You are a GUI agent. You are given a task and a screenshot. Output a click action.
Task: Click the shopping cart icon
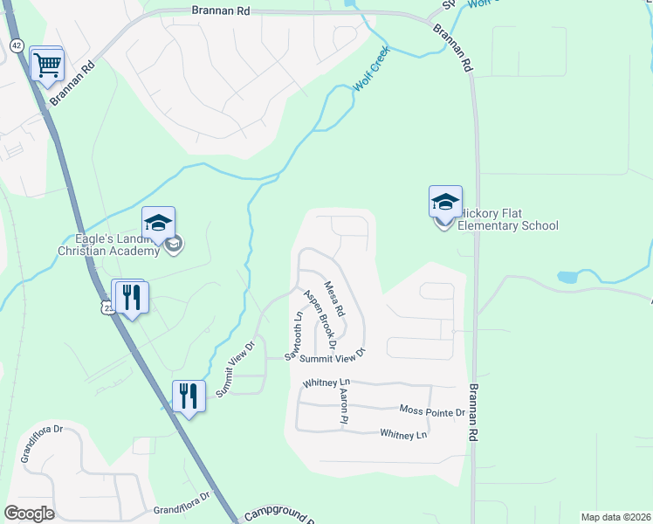(x=47, y=63)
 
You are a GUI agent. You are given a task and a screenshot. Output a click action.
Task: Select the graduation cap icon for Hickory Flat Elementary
(x=445, y=203)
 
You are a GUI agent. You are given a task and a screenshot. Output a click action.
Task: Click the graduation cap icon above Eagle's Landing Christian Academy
(x=159, y=224)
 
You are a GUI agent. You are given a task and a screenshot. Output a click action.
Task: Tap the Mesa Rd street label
(x=335, y=299)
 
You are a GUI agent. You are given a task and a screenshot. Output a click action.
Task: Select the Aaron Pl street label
(x=343, y=408)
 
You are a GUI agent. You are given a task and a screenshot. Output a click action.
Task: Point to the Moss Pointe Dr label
(x=432, y=410)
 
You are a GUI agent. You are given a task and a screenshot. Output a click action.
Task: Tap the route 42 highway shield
(x=16, y=45)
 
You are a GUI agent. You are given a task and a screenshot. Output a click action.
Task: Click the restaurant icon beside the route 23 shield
(x=131, y=296)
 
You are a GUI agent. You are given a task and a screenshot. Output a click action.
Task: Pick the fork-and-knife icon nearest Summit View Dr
(x=189, y=396)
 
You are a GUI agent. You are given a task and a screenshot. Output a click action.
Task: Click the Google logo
(x=29, y=514)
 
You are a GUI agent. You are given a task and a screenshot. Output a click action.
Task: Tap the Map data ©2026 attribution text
(x=615, y=517)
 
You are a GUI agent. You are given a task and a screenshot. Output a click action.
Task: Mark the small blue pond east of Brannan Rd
(x=568, y=277)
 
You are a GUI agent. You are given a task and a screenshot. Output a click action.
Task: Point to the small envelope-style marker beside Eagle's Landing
(x=174, y=244)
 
